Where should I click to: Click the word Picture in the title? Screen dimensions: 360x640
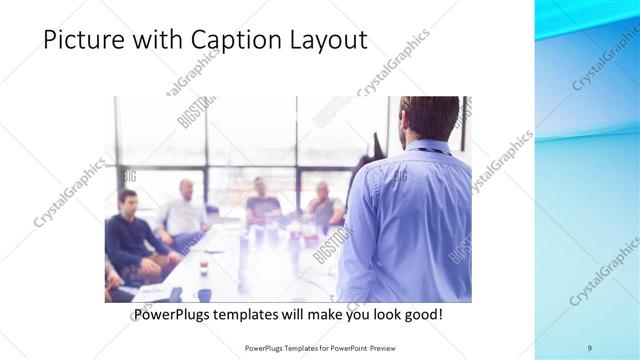coord(85,41)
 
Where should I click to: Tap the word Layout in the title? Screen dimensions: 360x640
coord(325,41)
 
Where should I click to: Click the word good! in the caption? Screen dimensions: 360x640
coord(419,314)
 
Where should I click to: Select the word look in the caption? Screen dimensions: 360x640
coord(378,314)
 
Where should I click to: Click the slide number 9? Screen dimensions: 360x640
coord(589,348)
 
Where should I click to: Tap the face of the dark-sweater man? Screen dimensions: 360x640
coord(127,200)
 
